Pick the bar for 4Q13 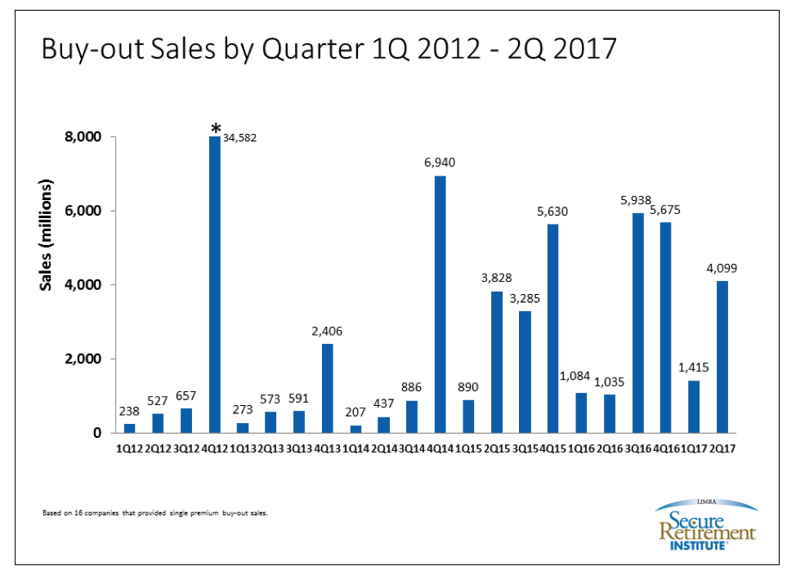(x=327, y=388)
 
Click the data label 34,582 (x=242, y=137)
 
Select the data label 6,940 (x=439, y=163)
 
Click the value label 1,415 (x=693, y=367)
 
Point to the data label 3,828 (x=495, y=278)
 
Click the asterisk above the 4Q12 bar (x=215, y=128)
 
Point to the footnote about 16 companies (x=154, y=513)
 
